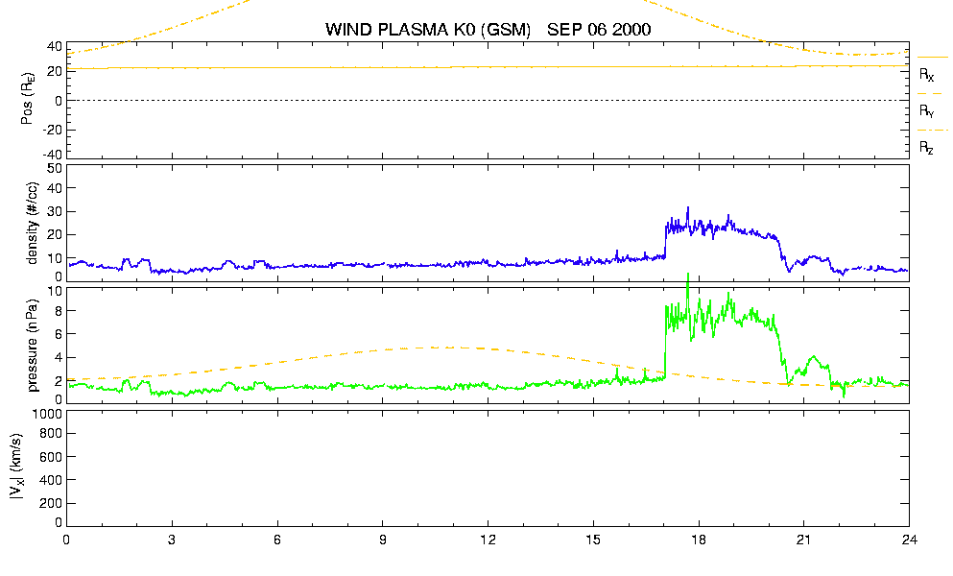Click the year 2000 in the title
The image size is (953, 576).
pos(631,29)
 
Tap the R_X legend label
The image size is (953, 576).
pos(926,75)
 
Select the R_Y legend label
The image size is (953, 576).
pos(926,111)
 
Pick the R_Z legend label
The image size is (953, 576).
pos(926,148)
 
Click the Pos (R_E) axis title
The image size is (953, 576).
pos(27,99)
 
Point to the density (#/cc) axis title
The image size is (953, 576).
pos(33,224)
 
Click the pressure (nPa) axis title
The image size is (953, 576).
pos(33,346)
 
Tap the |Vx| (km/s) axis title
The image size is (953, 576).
pos(17,467)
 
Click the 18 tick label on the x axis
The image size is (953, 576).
pos(699,540)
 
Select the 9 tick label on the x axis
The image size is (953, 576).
pos(382,540)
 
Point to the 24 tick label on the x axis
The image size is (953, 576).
pos(909,540)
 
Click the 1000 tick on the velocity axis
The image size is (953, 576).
pos(46,414)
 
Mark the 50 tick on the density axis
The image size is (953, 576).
pos(55,169)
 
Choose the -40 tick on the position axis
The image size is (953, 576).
pos(52,155)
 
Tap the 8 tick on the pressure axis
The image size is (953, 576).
pos(59,311)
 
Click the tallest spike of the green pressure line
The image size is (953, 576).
pos(688,275)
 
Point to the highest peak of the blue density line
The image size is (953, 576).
pos(688,208)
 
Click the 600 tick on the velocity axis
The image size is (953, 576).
pos(51,457)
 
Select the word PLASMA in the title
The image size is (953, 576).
pos(414,29)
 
